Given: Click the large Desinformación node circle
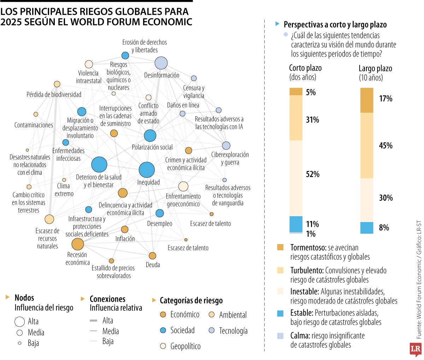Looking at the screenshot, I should [x=161, y=63].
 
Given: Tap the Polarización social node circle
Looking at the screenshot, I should [x=150, y=136].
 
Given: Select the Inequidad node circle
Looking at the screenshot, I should [x=147, y=170].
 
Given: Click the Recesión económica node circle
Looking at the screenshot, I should [x=77, y=244].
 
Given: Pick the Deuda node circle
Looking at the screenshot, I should [x=152, y=256].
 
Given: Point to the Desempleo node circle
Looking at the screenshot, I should [x=160, y=213].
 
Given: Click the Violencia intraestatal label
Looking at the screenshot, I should [x=88, y=77].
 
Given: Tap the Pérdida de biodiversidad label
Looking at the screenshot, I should [x=54, y=95].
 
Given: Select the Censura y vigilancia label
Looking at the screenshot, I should [x=194, y=92].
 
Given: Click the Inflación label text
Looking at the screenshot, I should [x=125, y=239].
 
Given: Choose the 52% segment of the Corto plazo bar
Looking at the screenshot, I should [x=296, y=178].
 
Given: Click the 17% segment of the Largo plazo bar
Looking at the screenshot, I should [x=367, y=100].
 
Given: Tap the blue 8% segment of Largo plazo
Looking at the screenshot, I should [x=367, y=228].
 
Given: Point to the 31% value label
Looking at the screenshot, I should [x=312, y=120].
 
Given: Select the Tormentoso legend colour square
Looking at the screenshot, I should [x=281, y=247].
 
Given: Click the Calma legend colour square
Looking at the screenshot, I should [x=281, y=336].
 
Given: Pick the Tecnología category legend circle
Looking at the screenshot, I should [x=212, y=330].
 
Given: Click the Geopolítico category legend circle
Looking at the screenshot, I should [x=163, y=346].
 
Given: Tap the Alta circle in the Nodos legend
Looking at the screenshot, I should [x=19, y=321].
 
